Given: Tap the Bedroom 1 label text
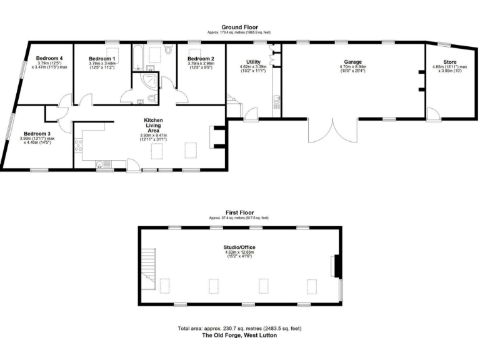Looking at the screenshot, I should (101, 58).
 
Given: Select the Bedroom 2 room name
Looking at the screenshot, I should (201, 58).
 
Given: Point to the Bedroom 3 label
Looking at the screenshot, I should (37, 133).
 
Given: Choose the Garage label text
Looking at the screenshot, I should (353, 62).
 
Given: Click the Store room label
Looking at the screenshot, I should (450, 62).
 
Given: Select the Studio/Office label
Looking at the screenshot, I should (240, 247).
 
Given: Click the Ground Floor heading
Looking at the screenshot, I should (240, 27).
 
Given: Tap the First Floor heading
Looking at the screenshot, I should (240, 212).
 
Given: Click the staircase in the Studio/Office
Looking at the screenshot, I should (147, 262).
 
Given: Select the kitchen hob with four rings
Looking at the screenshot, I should (78, 146).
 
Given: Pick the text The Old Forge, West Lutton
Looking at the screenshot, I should (240, 336).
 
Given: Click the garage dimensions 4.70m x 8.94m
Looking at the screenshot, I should (353, 67).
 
